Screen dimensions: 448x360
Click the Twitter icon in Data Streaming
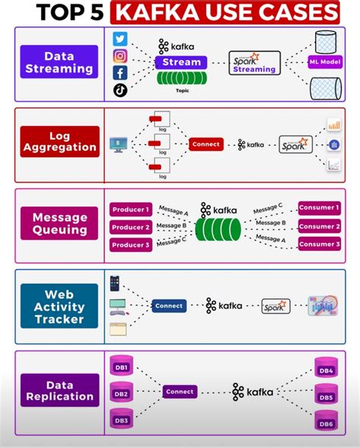(121, 39)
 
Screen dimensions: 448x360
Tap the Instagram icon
(121, 56)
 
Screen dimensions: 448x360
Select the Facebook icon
(121, 73)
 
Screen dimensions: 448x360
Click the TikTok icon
(121, 90)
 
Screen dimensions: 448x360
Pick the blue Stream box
(182, 62)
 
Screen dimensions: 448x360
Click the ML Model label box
(324, 63)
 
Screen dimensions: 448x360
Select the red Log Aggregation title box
(59, 141)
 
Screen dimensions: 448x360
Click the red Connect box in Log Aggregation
(206, 144)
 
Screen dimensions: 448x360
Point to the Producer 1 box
(131, 209)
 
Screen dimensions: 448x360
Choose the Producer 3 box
(131, 245)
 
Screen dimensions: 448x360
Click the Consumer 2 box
(318, 226)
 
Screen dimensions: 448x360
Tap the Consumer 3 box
(318, 245)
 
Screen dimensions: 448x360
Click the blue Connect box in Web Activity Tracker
(168, 306)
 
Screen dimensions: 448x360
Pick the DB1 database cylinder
(121, 368)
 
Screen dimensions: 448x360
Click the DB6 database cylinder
(325, 422)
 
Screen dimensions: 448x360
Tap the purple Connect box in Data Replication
(179, 392)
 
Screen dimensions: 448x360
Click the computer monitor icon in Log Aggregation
(118, 144)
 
